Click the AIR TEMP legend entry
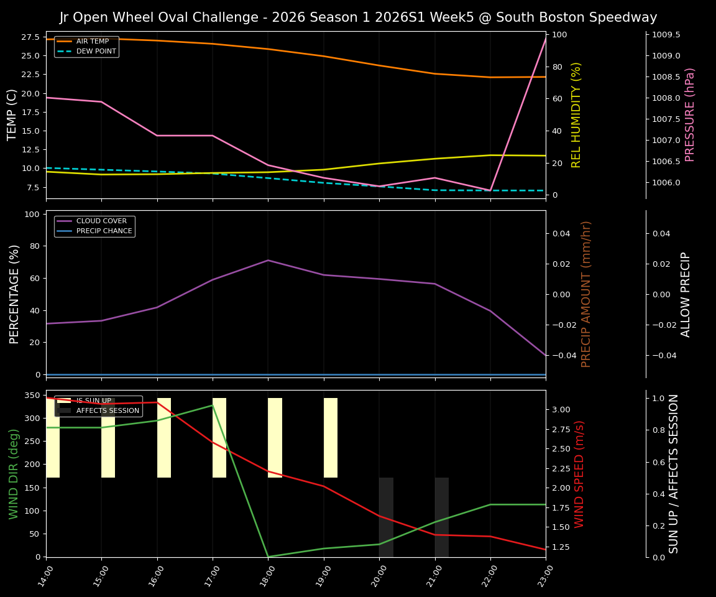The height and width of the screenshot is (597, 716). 92,42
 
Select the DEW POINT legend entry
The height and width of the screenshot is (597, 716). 96,52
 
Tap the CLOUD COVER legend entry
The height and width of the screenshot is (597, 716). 101,221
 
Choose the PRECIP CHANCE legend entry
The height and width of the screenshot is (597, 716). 104,231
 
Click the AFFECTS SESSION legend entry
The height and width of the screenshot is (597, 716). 108,411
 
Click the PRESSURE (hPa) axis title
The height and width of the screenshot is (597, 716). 690,114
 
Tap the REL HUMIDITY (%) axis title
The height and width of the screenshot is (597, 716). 576,114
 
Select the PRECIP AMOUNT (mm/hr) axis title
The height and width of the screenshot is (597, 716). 586,294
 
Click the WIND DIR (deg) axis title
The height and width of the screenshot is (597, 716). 14,473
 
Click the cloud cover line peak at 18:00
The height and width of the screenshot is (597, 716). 268,260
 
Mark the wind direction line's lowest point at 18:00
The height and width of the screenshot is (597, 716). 268,557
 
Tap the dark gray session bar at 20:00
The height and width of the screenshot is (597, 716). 386,517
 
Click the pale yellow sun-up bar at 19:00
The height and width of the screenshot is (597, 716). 331,438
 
